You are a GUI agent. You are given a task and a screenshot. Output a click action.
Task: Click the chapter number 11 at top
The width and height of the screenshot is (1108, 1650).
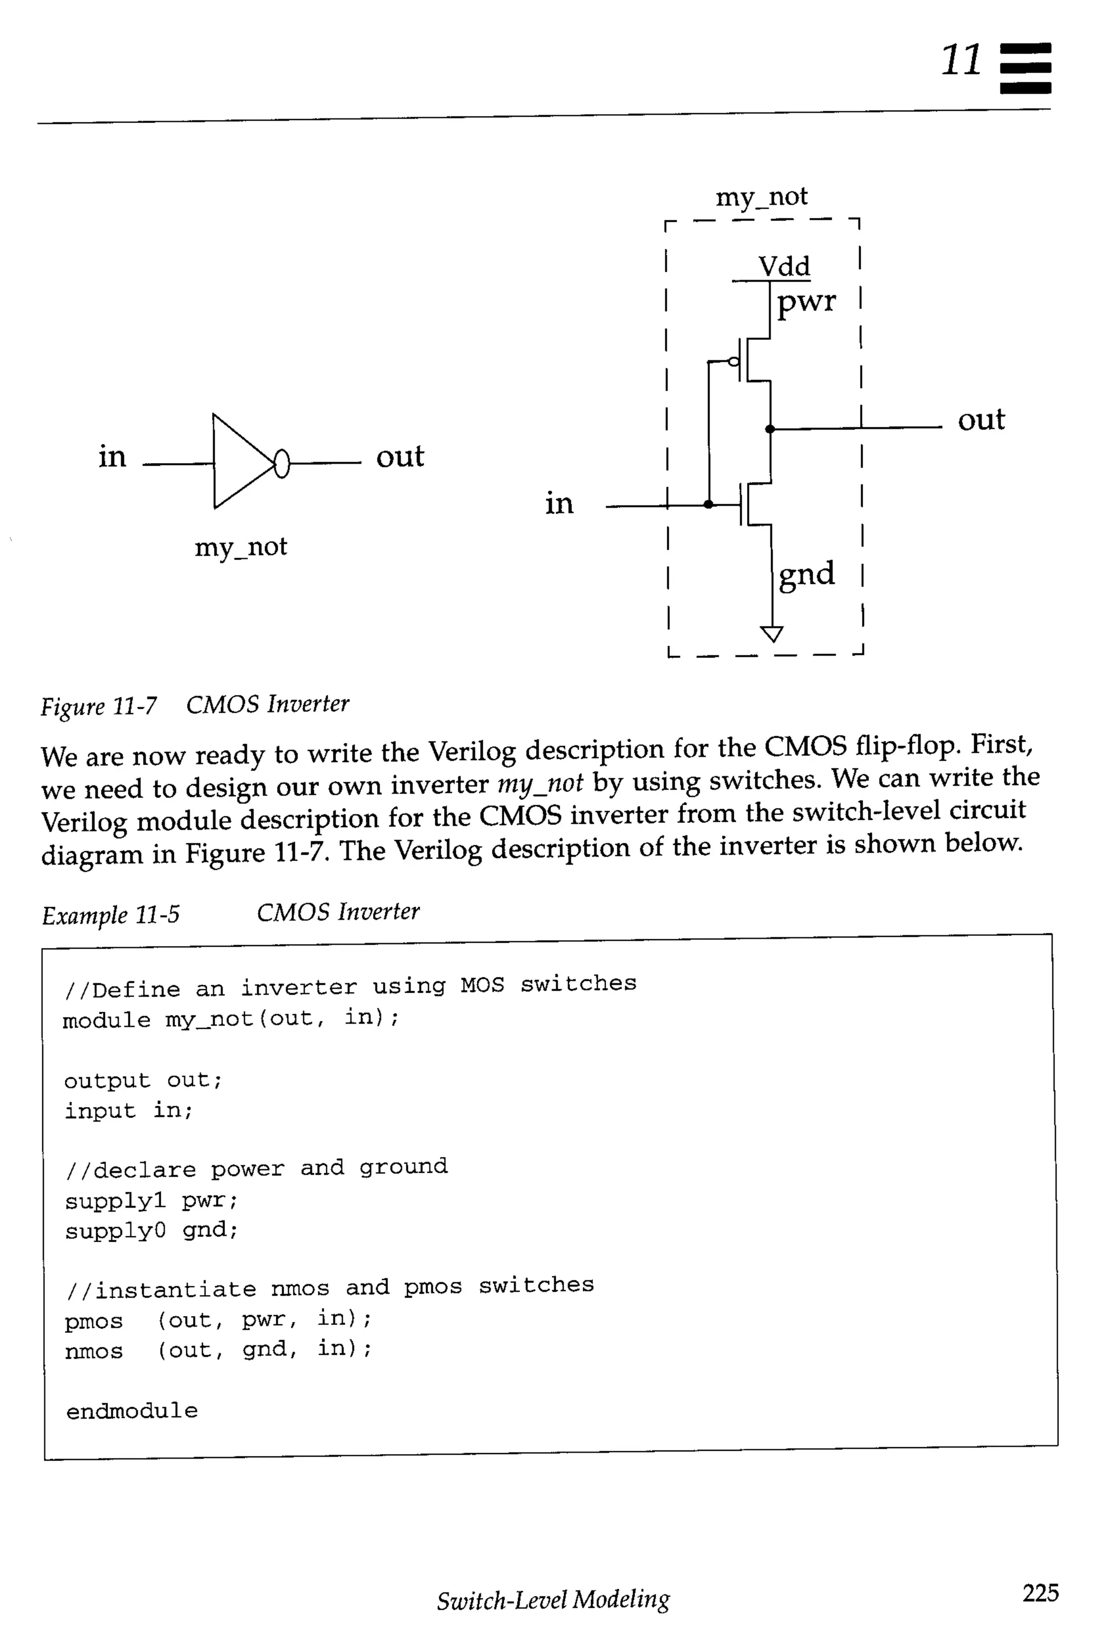[960, 60]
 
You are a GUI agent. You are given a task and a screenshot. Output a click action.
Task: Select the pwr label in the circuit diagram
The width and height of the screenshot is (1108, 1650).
[806, 302]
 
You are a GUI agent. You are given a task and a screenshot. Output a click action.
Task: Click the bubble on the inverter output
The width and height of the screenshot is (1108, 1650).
[281, 464]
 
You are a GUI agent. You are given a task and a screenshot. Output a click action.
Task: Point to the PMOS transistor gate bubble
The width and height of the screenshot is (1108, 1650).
[734, 362]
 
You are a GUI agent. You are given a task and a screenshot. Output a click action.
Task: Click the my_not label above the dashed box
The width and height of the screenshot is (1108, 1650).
[761, 196]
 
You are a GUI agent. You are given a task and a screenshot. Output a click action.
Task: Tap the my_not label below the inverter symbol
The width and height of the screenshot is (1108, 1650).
[240, 547]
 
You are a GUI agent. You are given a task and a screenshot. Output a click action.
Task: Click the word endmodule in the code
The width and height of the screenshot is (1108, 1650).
[131, 1411]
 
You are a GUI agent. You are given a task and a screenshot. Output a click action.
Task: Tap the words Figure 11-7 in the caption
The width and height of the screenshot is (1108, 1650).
[99, 706]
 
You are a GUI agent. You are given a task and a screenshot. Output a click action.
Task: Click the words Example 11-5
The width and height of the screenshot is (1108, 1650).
[110, 915]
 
